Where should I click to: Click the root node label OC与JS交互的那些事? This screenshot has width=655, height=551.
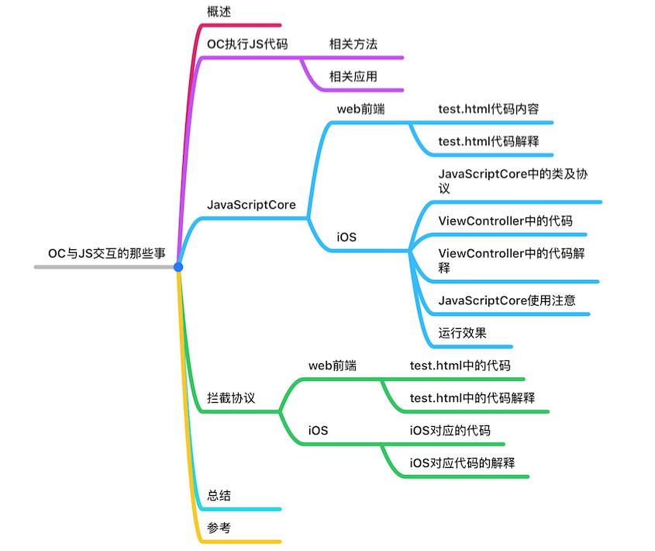pos(106,253)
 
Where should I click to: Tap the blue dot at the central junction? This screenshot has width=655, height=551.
pos(178,267)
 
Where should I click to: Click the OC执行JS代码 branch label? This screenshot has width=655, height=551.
pos(247,43)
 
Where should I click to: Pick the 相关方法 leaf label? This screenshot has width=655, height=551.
pos(353,43)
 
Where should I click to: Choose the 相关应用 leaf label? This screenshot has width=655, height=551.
pos(353,76)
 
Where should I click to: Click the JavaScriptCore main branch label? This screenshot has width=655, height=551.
pos(251,205)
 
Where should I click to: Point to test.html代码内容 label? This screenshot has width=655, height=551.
pos(488,109)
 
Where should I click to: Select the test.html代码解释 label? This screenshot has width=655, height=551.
pos(488,141)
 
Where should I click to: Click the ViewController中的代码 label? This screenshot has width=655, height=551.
pos(505,221)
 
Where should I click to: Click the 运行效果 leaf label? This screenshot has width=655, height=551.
pos(463,333)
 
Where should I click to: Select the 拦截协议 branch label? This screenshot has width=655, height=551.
pos(231,398)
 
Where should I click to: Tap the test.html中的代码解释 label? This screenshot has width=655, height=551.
pos(472,398)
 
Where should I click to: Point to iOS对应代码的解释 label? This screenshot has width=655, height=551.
pos(462,463)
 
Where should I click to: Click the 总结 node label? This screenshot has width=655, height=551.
pos(219,496)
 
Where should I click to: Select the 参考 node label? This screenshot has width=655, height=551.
pos(219,528)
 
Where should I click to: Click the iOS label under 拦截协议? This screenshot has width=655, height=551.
pos(319,430)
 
